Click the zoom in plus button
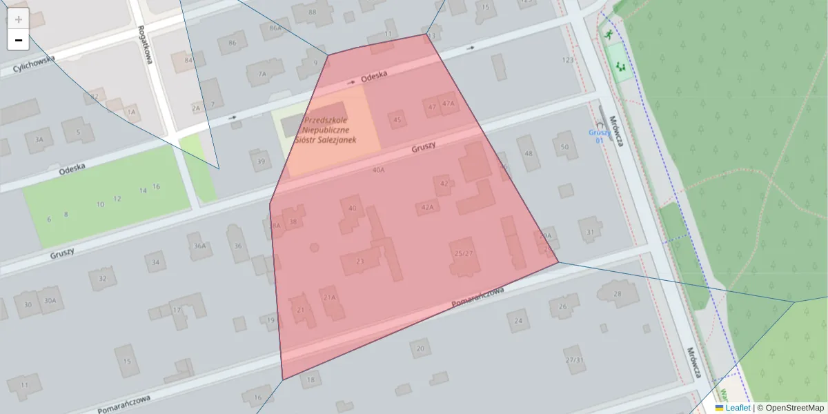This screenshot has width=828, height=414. [x=19, y=19]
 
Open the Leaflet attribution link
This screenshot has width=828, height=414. [x=737, y=408]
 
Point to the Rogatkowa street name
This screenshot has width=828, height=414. [x=144, y=43]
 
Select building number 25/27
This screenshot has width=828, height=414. [x=464, y=253]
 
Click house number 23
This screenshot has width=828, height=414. [x=359, y=261]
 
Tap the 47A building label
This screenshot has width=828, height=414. [x=448, y=104]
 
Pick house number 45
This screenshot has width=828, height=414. [x=397, y=120]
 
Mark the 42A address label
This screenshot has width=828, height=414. [x=427, y=207]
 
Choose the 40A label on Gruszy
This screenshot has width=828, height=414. [x=378, y=170]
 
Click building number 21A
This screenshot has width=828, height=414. [x=330, y=297]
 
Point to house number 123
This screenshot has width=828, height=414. [x=568, y=60]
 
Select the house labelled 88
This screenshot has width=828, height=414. [x=313, y=12]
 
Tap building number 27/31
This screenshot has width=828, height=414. [x=574, y=360]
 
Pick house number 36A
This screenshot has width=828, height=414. [x=200, y=246]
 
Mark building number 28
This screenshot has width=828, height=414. [x=617, y=294]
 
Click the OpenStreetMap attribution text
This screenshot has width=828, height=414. [x=794, y=408]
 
